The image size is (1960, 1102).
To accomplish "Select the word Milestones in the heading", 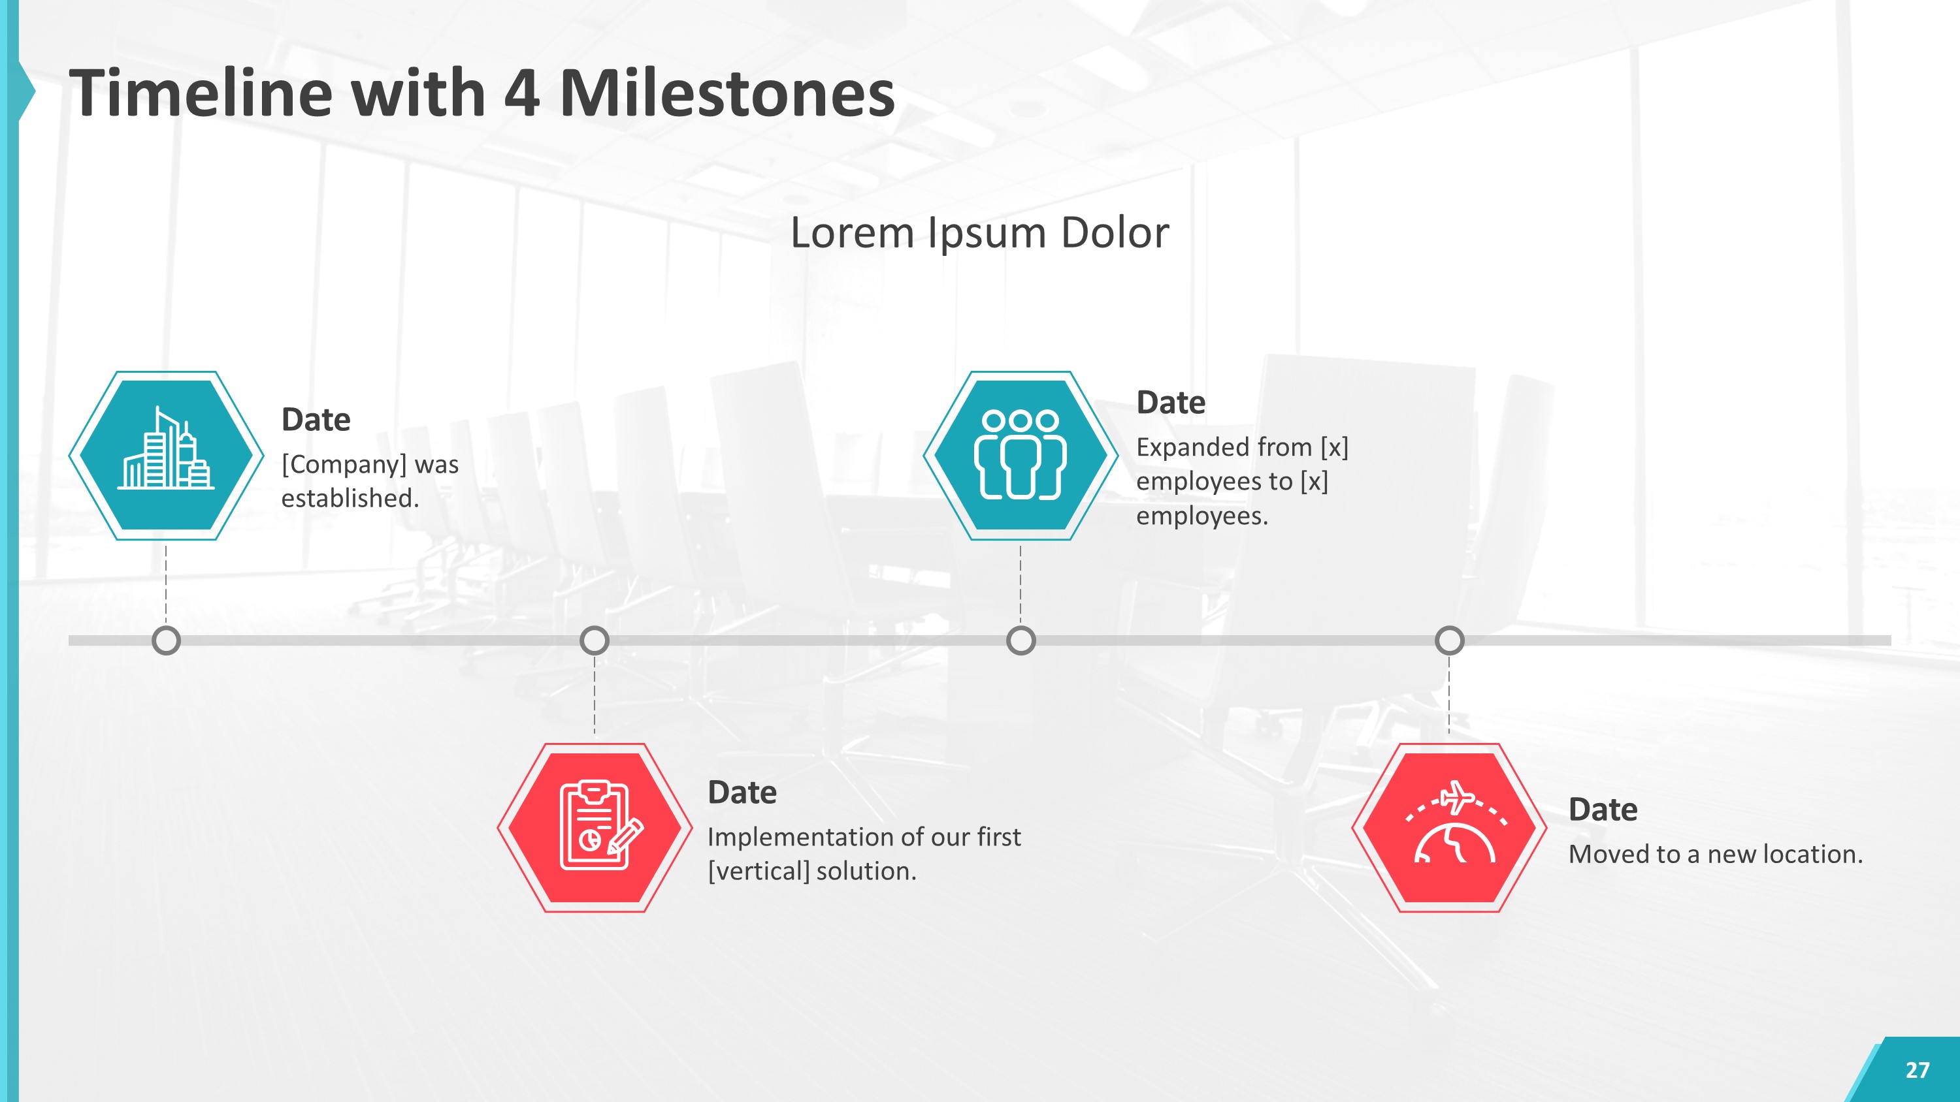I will pos(727,93).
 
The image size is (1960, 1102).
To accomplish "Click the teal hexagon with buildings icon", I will pos(166,456).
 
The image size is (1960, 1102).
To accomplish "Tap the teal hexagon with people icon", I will pos(1021,456).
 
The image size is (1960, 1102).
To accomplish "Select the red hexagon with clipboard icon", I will pos(595,827).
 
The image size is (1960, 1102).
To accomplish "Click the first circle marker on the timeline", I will pos(166,640).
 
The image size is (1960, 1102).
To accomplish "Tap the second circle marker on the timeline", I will pos(595,640).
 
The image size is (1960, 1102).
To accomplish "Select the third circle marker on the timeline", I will pos(1021,640).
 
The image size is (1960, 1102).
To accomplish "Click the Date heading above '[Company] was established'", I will pos(316,420).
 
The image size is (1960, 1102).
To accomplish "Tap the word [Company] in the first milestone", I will pos(344,464).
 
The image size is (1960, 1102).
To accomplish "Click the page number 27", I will pos(1917,1070).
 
